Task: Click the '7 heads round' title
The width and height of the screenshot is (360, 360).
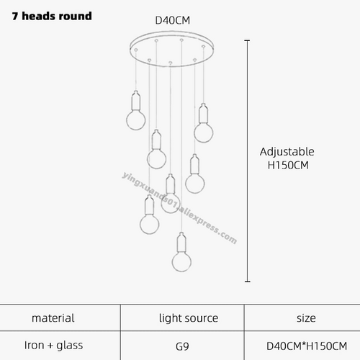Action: click(x=52, y=16)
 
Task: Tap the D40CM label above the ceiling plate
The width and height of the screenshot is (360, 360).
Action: click(x=173, y=20)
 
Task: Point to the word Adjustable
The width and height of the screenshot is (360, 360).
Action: click(x=287, y=152)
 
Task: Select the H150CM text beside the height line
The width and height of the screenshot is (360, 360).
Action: click(x=288, y=166)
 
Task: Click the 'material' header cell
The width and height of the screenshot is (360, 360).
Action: click(x=53, y=318)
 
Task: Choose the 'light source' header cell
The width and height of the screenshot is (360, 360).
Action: click(x=189, y=318)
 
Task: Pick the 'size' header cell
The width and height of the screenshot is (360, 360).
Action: click(x=306, y=318)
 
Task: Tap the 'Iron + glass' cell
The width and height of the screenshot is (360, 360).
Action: click(x=53, y=346)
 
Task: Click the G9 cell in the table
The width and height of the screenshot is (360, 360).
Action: click(x=182, y=346)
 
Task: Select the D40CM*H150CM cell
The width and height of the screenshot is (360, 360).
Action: click(x=307, y=346)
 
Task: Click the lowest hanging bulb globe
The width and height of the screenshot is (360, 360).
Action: click(x=181, y=261)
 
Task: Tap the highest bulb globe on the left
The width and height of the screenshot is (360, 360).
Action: click(x=136, y=120)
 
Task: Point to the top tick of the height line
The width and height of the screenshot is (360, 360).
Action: click(x=247, y=41)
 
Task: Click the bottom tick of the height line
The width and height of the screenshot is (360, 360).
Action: click(x=248, y=282)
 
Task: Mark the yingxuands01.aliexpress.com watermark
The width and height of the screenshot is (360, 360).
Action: click(x=179, y=208)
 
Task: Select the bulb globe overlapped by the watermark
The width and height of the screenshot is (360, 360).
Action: click(x=170, y=203)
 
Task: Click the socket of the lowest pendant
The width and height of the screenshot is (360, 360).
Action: click(x=181, y=242)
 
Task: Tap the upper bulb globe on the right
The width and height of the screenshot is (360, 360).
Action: click(x=204, y=132)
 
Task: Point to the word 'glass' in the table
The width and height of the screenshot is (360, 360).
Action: click(x=70, y=346)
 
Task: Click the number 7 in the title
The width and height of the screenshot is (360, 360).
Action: click(x=15, y=17)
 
